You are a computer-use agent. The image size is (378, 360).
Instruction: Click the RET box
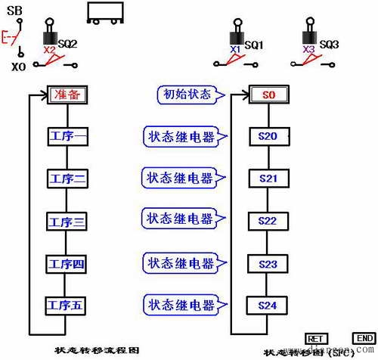point(315,338)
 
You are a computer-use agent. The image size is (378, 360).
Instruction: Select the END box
point(363,338)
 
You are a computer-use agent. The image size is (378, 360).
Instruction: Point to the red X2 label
point(49,49)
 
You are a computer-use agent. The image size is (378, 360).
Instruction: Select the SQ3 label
point(328,45)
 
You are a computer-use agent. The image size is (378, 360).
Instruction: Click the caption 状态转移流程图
point(97,351)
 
